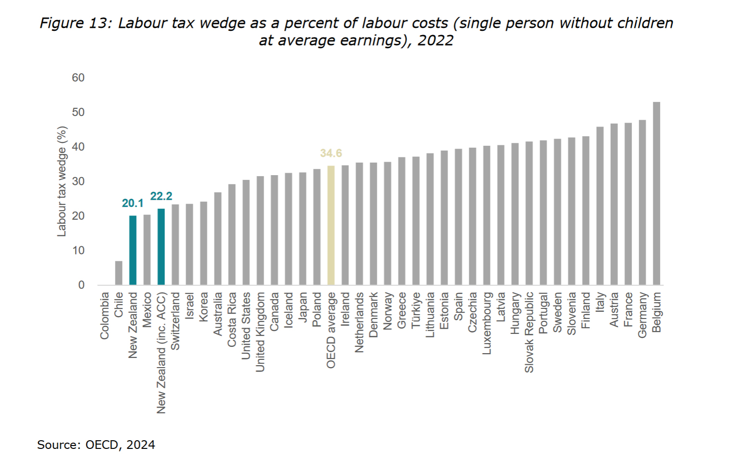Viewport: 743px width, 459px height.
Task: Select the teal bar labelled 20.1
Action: tap(133, 250)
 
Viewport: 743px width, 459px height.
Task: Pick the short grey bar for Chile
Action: tap(118, 273)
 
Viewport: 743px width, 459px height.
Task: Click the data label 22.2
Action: tap(161, 196)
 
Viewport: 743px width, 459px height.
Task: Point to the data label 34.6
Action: tap(331, 153)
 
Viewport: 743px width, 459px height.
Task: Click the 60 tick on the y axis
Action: tap(78, 78)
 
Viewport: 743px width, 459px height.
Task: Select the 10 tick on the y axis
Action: tap(78, 251)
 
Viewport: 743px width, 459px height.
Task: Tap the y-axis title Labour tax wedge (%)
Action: tap(62, 181)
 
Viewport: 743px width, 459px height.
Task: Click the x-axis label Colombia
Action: tap(104, 316)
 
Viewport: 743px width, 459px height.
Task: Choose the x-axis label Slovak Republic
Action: tap(529, 332)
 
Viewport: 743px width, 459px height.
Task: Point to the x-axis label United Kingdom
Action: tap(260, 332)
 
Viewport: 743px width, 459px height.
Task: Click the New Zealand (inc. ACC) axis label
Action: tap(161, 353)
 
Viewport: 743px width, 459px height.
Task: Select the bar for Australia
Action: tap(218, 239)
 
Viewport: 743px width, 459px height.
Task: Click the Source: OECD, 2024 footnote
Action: tap(96, 445)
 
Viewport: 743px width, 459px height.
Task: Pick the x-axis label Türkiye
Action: tap(416, 310)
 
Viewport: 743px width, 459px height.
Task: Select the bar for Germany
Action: tap(642, 203)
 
